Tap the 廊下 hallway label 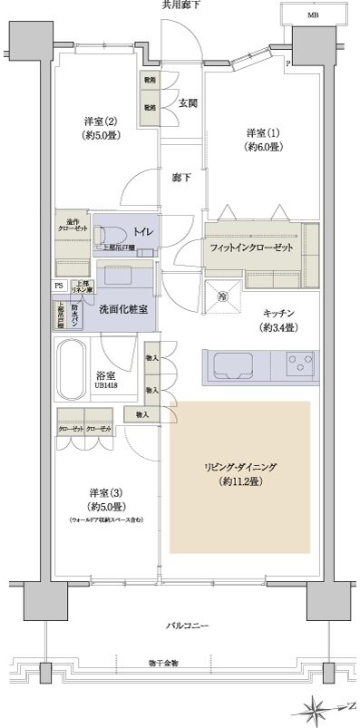[x=182, y=179]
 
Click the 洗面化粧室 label [x=123, y=307]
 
